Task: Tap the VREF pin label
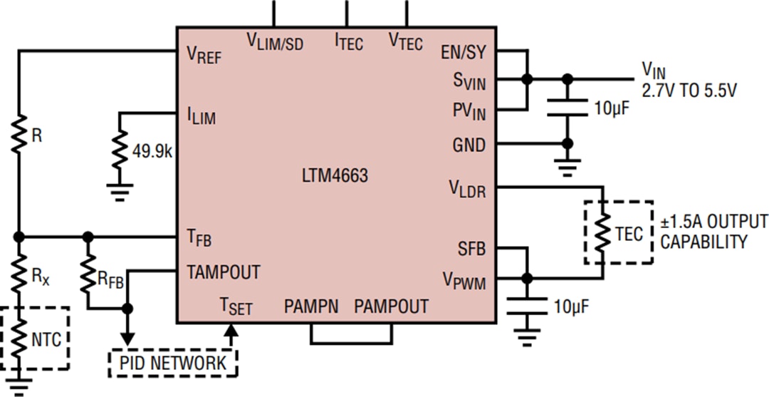pos(203,54)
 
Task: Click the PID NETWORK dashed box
pos(173,363)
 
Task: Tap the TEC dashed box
pos(617,233)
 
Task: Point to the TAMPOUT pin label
pos(223,272)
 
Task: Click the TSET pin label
pos(236,307)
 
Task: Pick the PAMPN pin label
pos(311,307)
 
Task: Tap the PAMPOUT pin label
pos(391,307)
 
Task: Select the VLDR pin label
pos(466,188)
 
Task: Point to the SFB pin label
pos(471,249)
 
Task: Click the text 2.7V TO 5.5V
pos(689,91)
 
